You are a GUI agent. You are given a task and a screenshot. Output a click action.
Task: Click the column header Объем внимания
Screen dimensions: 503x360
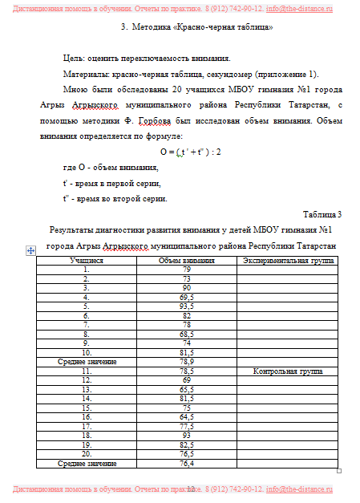186,261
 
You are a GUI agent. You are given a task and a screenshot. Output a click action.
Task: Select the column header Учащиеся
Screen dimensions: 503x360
86,261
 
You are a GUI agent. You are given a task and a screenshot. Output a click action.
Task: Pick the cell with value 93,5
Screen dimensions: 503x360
186,306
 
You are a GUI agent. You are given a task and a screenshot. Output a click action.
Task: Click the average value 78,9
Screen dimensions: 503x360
186,362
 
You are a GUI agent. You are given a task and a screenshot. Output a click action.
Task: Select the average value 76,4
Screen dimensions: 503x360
186,463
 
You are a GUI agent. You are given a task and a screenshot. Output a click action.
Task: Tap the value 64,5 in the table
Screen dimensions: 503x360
186,417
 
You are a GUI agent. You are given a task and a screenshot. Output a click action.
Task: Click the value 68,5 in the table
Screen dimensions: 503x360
186,334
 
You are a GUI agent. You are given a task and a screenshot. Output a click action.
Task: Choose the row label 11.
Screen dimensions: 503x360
86,371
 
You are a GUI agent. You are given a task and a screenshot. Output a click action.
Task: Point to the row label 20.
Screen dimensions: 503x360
86,453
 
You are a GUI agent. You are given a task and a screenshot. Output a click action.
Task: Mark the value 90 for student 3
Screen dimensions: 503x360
186,287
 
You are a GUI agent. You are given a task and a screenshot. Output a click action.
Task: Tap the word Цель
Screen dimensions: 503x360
74,59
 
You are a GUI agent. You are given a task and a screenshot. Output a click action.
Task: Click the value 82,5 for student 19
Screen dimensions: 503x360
186,444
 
